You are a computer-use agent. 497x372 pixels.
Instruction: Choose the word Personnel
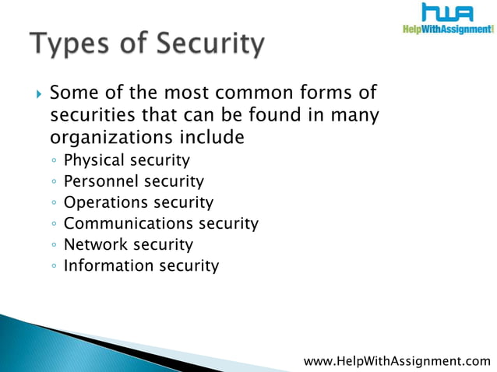pyautogui.click(x=100, y=182)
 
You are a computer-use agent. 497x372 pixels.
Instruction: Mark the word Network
pyautogui.click(x=95, y=245)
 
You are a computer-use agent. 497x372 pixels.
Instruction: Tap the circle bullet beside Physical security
pyautogui.click(x=52, y=162)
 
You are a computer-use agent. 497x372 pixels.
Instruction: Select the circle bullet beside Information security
pyautogui.click(x=52, y=267)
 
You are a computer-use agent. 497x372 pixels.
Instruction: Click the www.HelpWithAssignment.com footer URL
pyautogui.click(x=397, y=360)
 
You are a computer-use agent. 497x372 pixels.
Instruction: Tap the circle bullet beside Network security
pyautogui.click(x=52, y=246)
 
